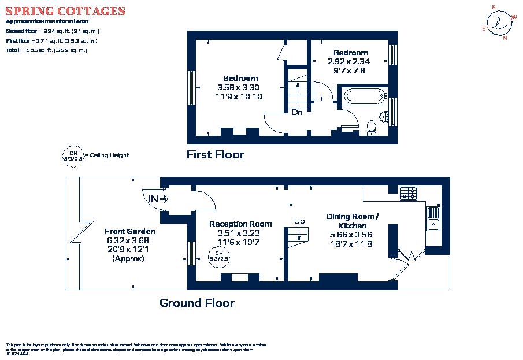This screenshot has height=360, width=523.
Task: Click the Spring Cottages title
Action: pyautogui.click(x=65, y=11)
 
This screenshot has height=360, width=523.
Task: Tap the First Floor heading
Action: pyautogui.click(x=215, y=154)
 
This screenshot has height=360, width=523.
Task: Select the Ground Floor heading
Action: pyautogui.click(x=197, y=303)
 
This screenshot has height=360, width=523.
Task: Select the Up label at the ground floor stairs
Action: pyautogui.click(x=299, y=221)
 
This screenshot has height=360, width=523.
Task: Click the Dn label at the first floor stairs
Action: pyautogui.click(x=296, y=113)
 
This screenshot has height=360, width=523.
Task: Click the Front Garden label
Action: pyautogui.click(x=130, y=231)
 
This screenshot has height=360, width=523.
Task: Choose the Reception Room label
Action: pyautogui.click(x=240, y=224)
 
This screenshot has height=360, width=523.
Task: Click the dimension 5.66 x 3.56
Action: pyautogui.click(x=350, y=235)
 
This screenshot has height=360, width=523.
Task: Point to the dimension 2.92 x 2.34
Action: pyautogui.click(x=348, y=61)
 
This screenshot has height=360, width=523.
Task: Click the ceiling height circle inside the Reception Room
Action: pyautogui.click(x=218, y=256)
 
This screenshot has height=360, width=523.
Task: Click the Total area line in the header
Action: pyautogui.click(x=46, y=50)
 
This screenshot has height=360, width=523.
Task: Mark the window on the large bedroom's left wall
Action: pyautogui.click(x=190, y=88)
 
